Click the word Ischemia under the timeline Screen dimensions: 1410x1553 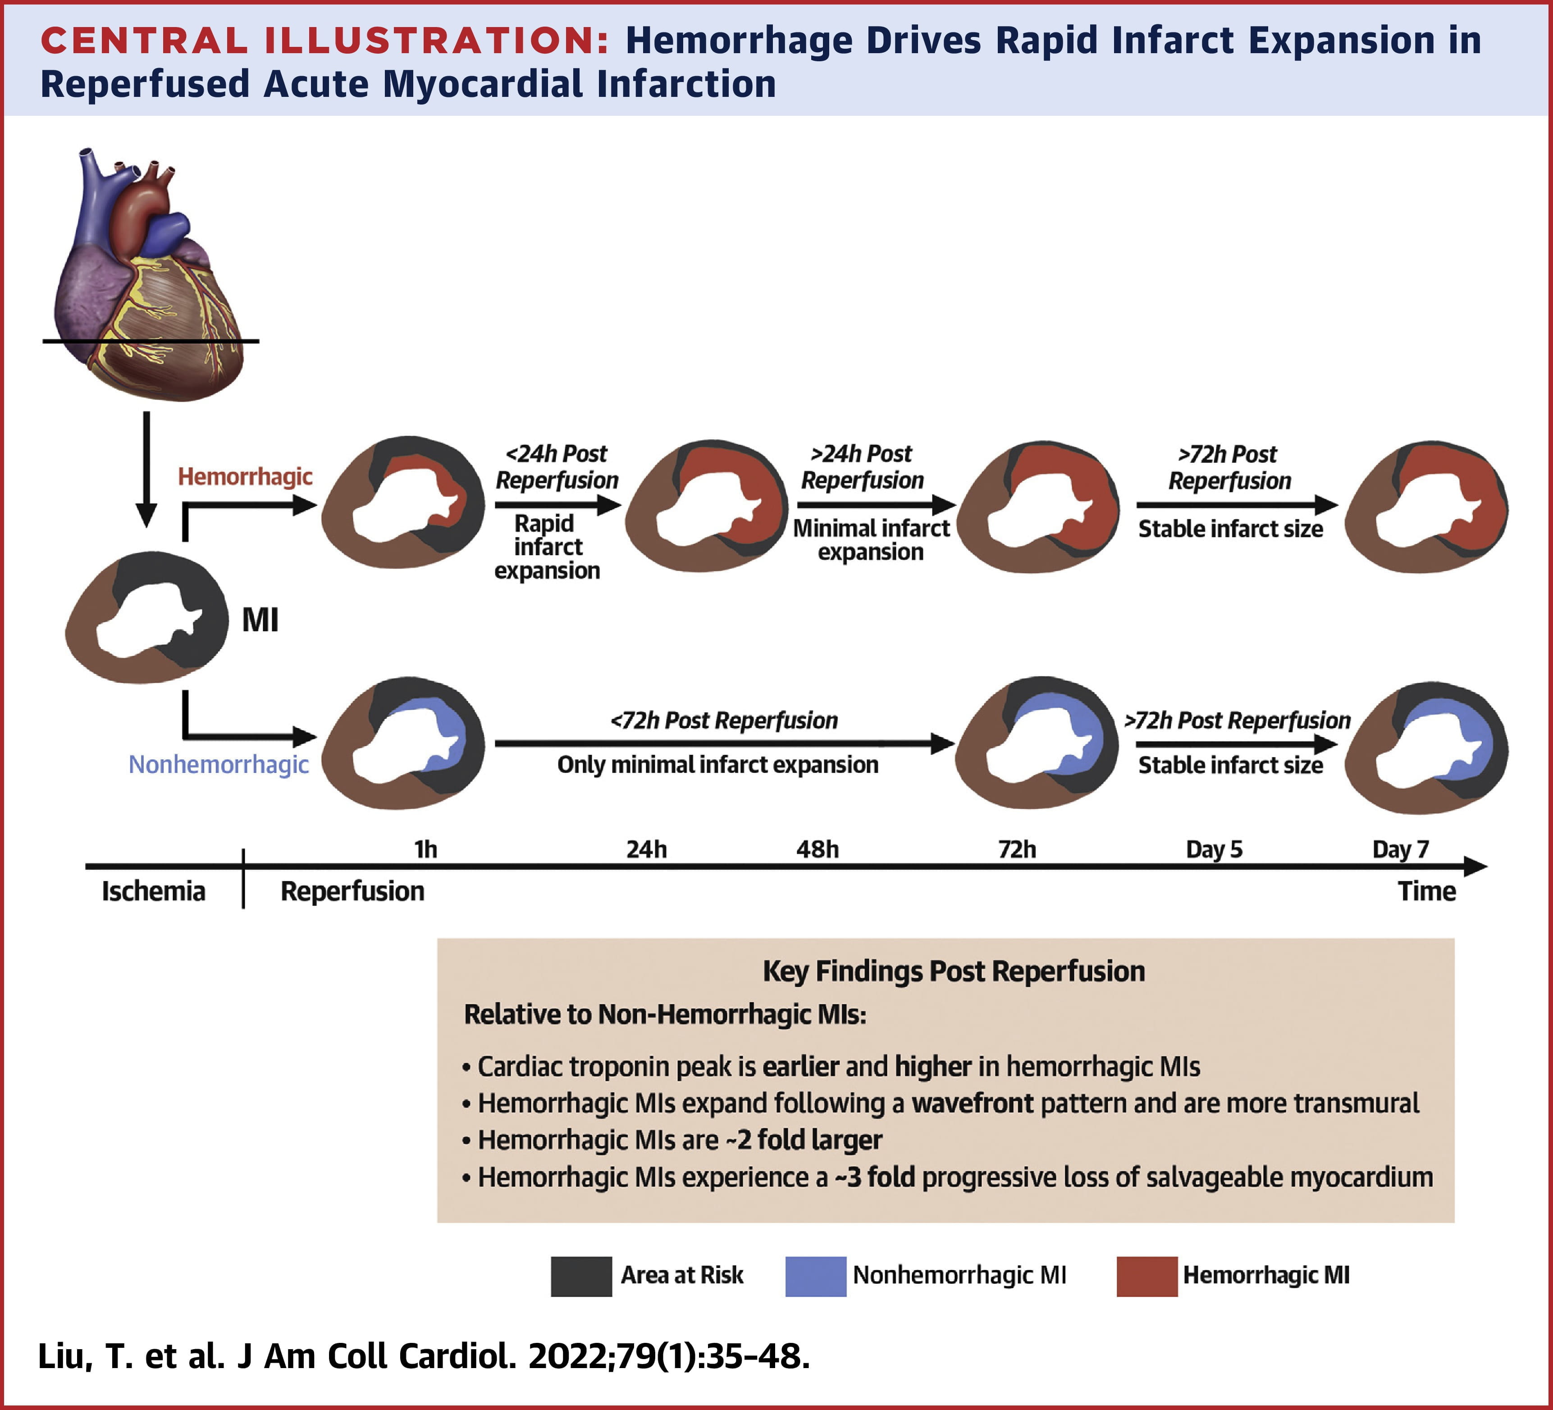153,891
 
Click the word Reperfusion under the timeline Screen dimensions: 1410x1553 352,891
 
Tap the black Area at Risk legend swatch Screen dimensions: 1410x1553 581,1276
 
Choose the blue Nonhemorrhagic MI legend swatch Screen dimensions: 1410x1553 815,1276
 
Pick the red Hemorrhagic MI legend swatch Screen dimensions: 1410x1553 1146,1276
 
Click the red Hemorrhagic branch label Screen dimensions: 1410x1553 245,477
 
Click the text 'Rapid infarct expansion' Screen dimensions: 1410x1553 547,547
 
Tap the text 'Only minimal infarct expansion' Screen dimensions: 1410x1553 717,765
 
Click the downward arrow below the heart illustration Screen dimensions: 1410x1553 146,470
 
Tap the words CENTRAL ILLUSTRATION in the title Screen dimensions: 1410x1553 324,41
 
